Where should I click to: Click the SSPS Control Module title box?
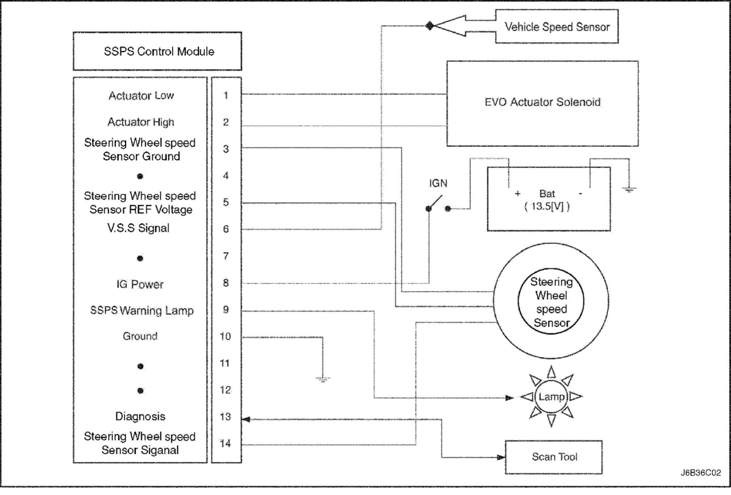pos(157,51)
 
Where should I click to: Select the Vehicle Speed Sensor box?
pos(557,27)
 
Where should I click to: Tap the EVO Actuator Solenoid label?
pos(542,102)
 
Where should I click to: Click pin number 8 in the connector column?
pos(226,283)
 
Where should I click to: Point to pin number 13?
pos(225,416)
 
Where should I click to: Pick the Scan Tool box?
pos(554,457)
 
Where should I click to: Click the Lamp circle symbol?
pos(551,397)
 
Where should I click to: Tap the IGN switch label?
pos(438,183)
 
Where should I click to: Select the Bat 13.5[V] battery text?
pos(547,200)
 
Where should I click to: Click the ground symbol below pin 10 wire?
pos(323,379)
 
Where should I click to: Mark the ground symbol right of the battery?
pos(629,190)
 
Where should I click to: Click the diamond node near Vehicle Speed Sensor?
pos(430,26)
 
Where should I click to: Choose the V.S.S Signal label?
pos(139,228)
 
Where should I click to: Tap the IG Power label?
pos(140,285)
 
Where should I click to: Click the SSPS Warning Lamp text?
pos(142,310)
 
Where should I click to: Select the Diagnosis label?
pos(140,416)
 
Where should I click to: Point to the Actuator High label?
pos(141,122)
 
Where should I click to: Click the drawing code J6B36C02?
pos(701,473)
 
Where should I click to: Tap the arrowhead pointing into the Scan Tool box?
pos(501,457)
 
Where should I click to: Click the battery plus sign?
pos(518,194)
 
